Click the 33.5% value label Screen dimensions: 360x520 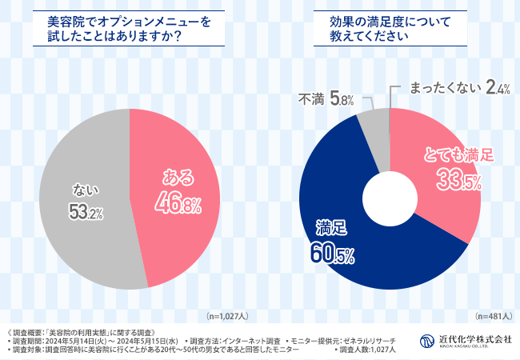tap(458, 182)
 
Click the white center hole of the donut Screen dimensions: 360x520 tap(389, 198)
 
